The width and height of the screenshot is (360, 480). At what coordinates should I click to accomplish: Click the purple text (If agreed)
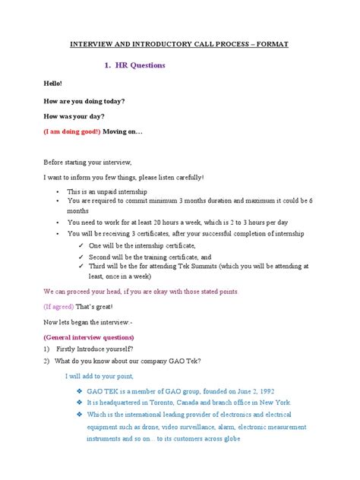coord(58,307)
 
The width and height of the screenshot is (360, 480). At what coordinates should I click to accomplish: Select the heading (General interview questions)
coord(89,336)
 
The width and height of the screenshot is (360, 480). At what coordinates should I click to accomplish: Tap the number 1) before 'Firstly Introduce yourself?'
coord(46,349)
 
